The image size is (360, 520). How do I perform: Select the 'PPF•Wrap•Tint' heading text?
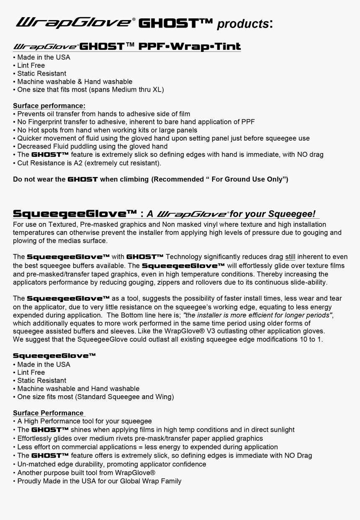(x=190, y=46)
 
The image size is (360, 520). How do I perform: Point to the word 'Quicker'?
(x=30, y=138)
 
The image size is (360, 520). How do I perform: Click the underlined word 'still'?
(x=290, y=257)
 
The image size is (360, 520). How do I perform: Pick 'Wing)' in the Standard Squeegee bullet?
(x=165, y=397)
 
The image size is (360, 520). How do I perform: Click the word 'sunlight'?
(x=280, y=430)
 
